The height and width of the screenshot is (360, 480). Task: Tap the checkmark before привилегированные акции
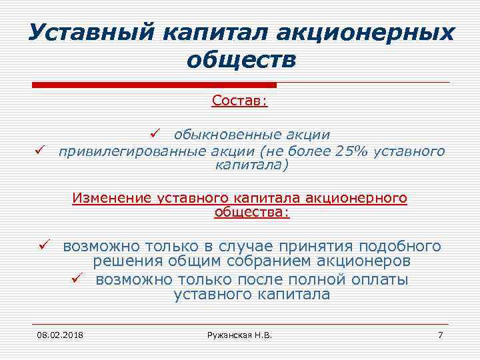pyautogui.click(x=40, y=151)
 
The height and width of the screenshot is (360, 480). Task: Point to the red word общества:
pyautogui.click(x=252, y=213)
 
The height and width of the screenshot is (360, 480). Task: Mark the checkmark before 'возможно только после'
pyautogui.click(x=77, y=279)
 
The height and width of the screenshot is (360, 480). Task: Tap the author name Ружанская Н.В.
pyautogui.click(x=240, y=333)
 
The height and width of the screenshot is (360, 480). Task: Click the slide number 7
pyautogui.click(x=440, y=333)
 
